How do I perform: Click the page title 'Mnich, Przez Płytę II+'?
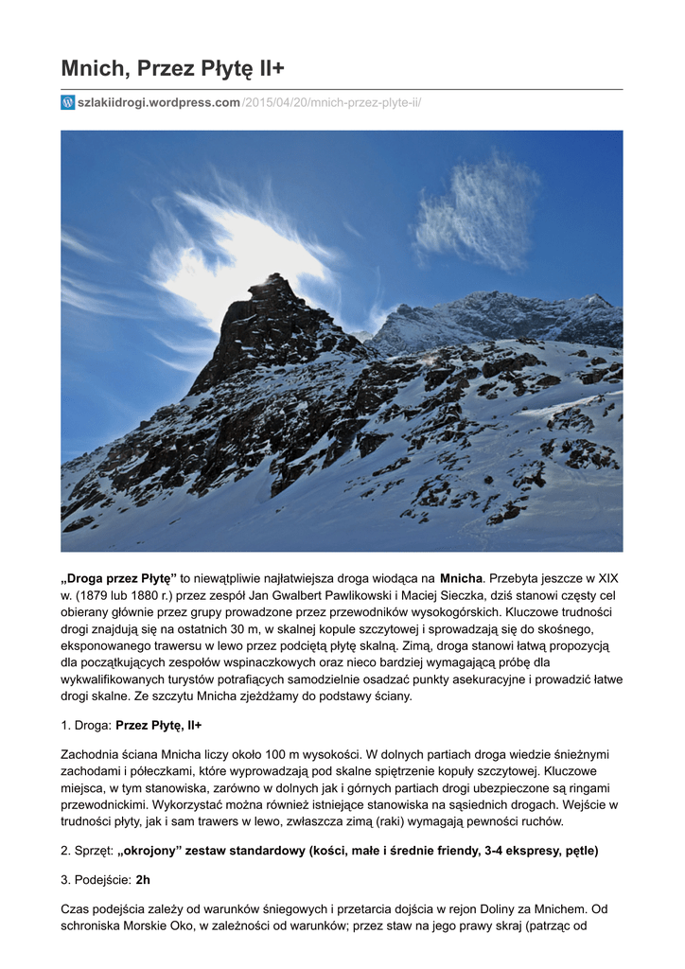(x=172, y=68)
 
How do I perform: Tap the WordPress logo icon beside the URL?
(x=68, y=102)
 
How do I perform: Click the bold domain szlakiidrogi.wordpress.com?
(x=159, y=102)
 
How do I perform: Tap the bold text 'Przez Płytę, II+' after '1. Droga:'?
(x=158, y=725)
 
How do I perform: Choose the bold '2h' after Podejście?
(x=143, y=880)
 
